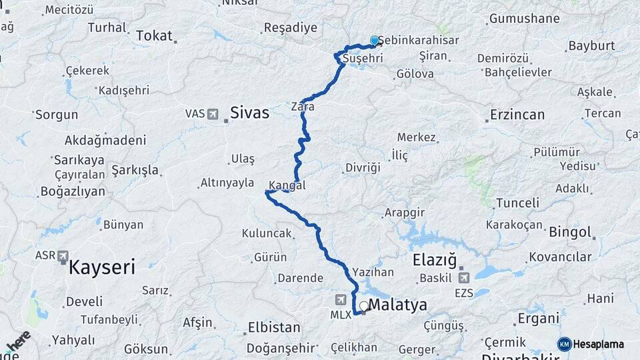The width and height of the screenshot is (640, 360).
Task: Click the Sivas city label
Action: (x=249, y=113)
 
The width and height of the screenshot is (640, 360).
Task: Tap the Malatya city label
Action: (x=397, y=306)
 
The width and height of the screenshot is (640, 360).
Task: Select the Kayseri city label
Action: (x=102, y=268)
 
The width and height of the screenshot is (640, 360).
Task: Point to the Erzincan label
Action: (x=517, y=115)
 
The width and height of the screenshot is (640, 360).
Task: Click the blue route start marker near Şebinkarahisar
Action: (x=375, y=41)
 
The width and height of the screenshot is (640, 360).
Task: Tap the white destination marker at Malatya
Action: (x=363, y=307)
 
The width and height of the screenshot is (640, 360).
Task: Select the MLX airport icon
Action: (x=341, y=299)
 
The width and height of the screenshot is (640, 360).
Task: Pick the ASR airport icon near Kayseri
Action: (x=63, y=256)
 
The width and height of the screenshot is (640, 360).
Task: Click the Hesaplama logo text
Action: (x=598, y=344)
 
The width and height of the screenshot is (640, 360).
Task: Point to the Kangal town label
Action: (x=287, y=185)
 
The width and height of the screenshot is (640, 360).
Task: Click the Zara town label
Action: (x=303, y=107)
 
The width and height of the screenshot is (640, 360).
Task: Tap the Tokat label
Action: (x=154, y=36)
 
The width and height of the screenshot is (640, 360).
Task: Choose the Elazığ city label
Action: (x=434, y=259)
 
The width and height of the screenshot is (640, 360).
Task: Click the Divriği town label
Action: (x=363, y=167)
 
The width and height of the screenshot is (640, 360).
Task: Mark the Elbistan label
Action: (x=274, y=328)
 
